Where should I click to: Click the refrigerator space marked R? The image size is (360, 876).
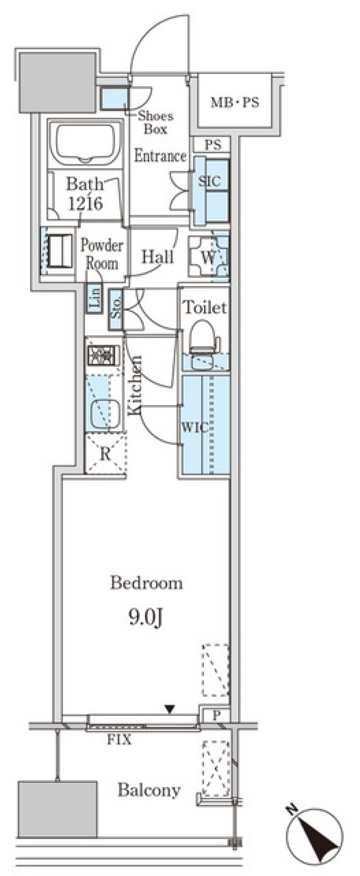click(x=105, y=454)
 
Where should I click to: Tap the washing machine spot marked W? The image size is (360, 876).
click(x=208, y=257)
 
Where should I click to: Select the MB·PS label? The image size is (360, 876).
click(x=235, y=102)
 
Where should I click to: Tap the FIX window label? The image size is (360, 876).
click(x=120, y=740)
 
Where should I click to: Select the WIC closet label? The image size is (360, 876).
click(x=195, y=427)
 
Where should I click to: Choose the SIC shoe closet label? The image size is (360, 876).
click(x=209, y=181)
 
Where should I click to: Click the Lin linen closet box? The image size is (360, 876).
click(x=94, y=298)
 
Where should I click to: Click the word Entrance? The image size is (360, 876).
click(x=160, y=156)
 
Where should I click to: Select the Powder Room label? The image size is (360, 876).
click(x=102, y=254)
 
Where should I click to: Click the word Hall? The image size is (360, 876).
click(x=157, y=257)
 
